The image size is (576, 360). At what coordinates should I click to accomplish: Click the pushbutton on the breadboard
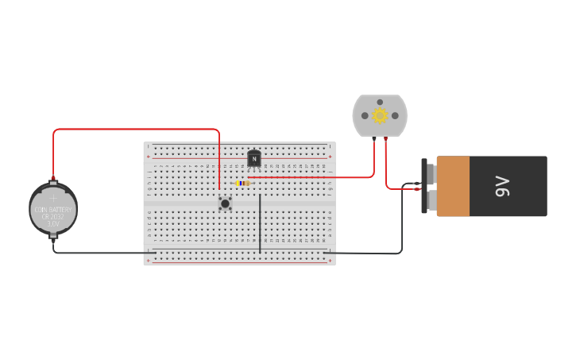[226, 203]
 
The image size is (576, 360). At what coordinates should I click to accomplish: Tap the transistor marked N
[254, 159]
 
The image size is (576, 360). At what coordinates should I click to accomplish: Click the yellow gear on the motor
[380, 116]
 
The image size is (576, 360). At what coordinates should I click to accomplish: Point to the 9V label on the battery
[503, 187]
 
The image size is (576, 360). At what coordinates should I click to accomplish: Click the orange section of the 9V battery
[453, 186]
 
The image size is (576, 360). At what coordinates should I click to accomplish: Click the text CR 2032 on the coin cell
[53, 216]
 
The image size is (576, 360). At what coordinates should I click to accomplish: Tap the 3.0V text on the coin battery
[53, 224]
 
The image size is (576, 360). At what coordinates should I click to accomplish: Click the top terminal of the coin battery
[53, 180]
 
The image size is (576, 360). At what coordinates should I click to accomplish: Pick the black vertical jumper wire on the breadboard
[260, 223]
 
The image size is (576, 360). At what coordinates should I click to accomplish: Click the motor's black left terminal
[373, 140]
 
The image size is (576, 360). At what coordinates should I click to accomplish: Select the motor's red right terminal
[386, 140]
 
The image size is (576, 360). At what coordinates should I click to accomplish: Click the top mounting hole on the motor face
[380, 102]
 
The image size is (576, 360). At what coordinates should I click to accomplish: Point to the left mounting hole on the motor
[365, 116]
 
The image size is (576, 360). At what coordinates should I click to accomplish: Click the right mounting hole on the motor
[395, 116]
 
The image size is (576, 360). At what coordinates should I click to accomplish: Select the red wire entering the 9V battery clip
[401, 189]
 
